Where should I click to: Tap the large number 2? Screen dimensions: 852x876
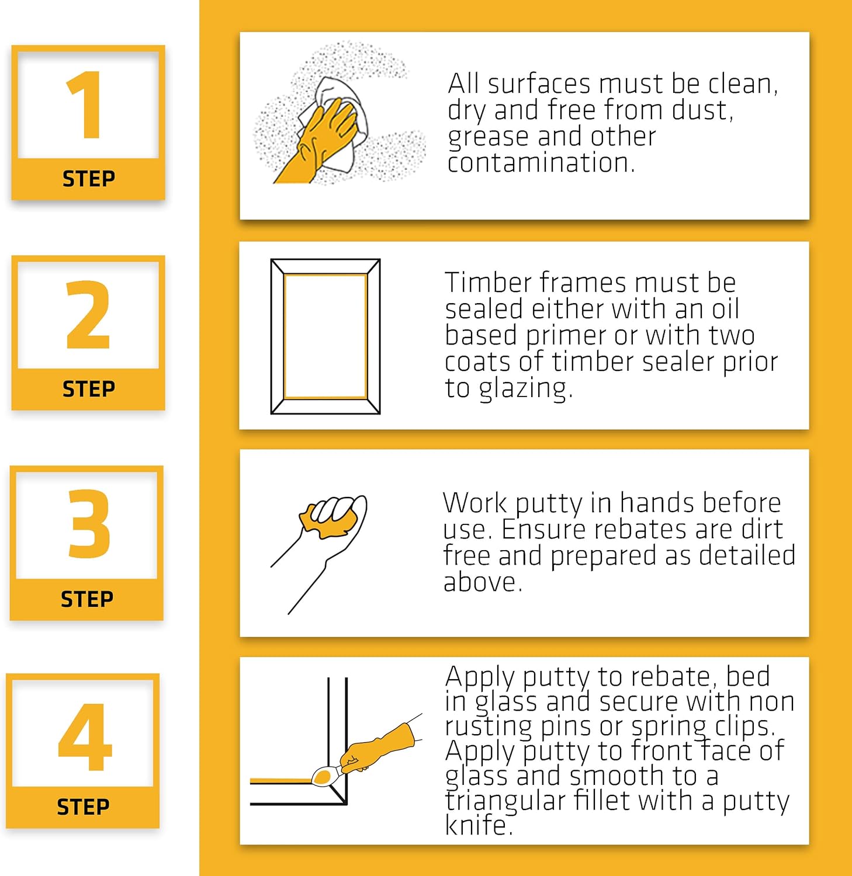[88, 315]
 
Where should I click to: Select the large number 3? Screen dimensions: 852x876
[89, 523]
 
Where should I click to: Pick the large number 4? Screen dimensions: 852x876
[85, 737]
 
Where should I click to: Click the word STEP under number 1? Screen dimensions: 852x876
[89, 179]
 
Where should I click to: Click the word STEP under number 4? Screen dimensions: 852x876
[83, 807]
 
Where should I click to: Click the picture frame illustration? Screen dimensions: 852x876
[325, 336]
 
